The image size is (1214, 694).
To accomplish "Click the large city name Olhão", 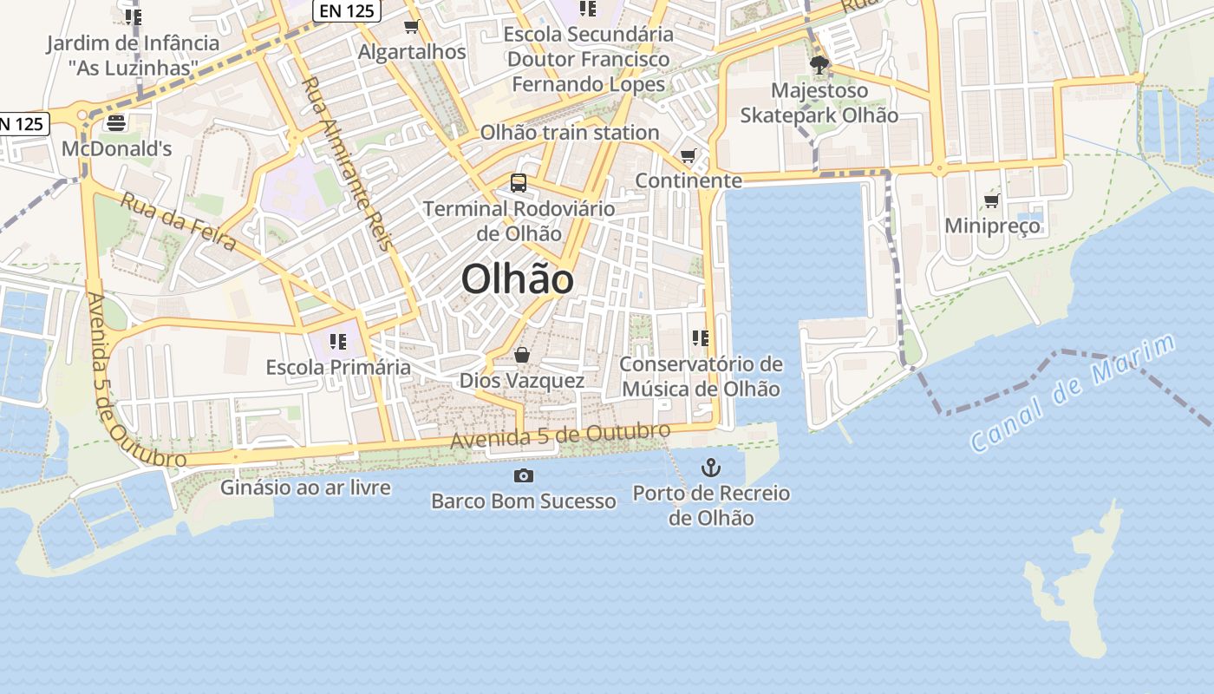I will pos(517,279).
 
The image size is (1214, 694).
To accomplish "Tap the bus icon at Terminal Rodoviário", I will pos(518,183).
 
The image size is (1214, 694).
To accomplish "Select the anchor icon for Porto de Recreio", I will pos(710,468).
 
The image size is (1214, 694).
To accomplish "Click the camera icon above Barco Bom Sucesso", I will pos(523,475).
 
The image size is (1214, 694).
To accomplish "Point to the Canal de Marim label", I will pos(1072,392).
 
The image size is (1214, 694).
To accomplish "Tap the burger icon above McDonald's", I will pos(116,123).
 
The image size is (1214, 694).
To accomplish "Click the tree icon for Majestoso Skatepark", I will pos(818,64).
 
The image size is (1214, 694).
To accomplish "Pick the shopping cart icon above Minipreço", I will pos(991,201).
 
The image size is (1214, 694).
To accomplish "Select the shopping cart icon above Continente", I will pos(688,156).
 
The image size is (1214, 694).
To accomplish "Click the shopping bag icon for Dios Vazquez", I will pos(521,355).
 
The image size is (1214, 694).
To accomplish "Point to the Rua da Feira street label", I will pos(178,221).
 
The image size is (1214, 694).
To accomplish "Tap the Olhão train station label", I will pos(570,133).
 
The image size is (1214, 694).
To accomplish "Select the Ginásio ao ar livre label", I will pos(305,488).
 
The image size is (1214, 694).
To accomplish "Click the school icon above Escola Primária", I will pos(337,342).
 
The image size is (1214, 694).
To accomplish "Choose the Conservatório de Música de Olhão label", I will pos(701,376).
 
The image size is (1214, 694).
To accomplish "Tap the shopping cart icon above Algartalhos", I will pos(412,27).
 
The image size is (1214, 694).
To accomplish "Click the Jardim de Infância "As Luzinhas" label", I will pos(133,55).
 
